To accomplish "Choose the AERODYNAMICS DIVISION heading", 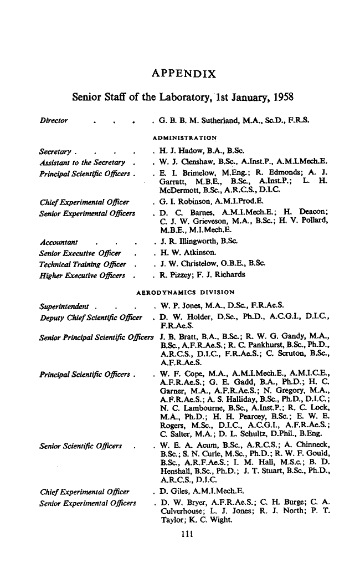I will click(x=185, y=291).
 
